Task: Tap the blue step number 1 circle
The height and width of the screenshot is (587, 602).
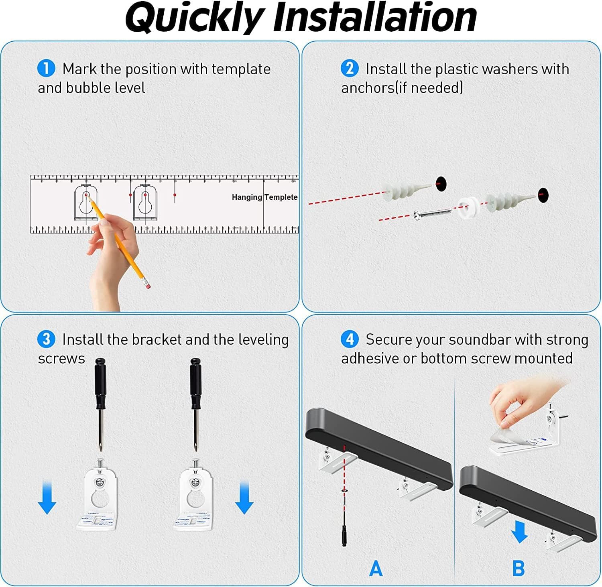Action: (46, 68)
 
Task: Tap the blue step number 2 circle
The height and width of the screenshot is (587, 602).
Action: (349, 68)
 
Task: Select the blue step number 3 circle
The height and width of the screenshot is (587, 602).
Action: (46, 339)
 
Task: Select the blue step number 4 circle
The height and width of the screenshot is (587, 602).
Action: (349, 339)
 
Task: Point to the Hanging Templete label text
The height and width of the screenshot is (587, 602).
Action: (264, 197)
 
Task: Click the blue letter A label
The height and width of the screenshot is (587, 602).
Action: (376, 569)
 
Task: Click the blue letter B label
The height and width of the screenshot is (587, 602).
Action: (519, 569)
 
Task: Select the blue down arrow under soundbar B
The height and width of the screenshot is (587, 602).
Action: (520, 532)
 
